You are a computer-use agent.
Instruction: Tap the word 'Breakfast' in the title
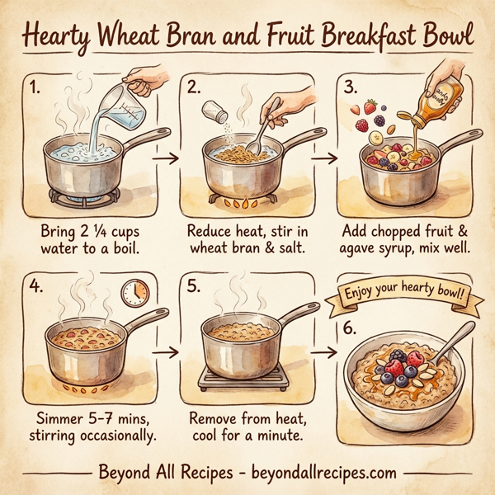click(363, 37)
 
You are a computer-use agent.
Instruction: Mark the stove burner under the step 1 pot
click(86, 197)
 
